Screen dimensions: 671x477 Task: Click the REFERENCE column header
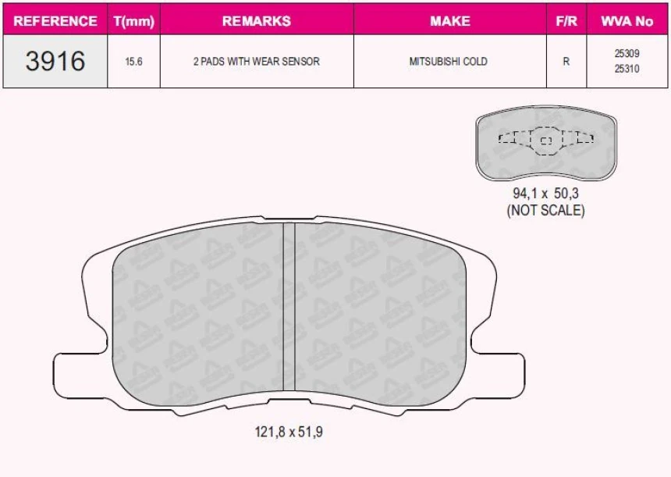pyautogui.click(x=55, y=21)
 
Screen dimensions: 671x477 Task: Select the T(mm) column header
pyautogui.click(x=134, y=21)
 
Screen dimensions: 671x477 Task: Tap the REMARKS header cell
pyautogui.click(x=257, y=21)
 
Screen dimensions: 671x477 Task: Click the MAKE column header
pyautogui.click(x=450, y=21)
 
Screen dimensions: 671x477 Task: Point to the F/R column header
pyautogui.click(x=566, y=21)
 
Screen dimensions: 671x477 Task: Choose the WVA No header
pyautogui.click(x=627, y=21)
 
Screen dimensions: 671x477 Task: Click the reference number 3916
pyautogui.click(x=55, y=61)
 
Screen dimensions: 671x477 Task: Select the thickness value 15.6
pyautogui.click(x=133, y=62)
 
